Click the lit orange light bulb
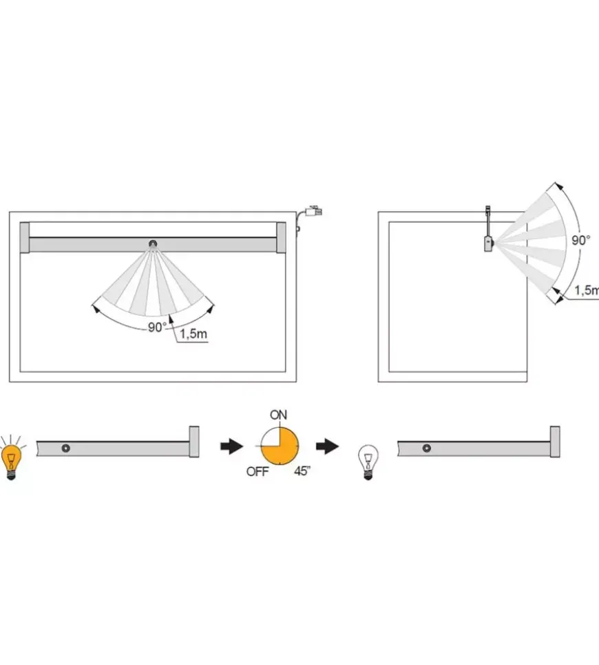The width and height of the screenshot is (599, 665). pos(12,460)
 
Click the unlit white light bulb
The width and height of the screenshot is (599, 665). pos(368,461)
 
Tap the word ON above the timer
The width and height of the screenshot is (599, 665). pos(278,415)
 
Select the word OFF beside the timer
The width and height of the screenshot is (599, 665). pos(258,471)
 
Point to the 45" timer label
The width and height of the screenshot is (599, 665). pos(302,471)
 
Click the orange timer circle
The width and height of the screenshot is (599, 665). pos(280,446)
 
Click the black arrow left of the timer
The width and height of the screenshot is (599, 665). pos(232,446)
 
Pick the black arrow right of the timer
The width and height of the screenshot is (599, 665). pos(327,446)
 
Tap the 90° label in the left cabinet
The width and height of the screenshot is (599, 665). pos(157,327)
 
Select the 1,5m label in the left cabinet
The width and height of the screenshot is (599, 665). pos(193,334)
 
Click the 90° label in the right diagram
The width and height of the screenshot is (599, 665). pos(580,241)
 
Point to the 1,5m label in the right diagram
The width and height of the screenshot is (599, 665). pos(587,290)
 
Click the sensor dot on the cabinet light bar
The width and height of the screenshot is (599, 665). pos(153,244)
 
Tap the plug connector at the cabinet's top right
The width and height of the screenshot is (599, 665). pos(314,210)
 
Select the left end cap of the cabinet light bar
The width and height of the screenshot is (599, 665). pos(25,237)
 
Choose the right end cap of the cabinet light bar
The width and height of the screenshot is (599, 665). pos(281,237)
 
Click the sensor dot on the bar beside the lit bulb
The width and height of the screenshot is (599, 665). pos(66,448)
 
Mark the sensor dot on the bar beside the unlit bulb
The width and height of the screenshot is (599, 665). pos(427,448)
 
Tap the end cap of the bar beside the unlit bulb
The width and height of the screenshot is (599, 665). pos(555,441)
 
